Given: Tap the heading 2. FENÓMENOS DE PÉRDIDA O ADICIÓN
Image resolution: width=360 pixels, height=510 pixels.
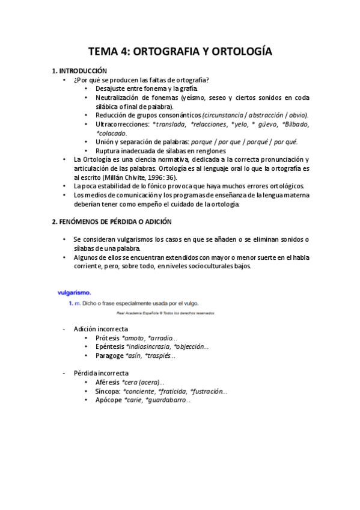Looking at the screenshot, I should coord(111,221).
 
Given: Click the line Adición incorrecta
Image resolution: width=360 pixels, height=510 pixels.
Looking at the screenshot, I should coord(100,330).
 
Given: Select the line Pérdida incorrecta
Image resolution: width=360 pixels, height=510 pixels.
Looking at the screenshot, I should coord(101,373).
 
